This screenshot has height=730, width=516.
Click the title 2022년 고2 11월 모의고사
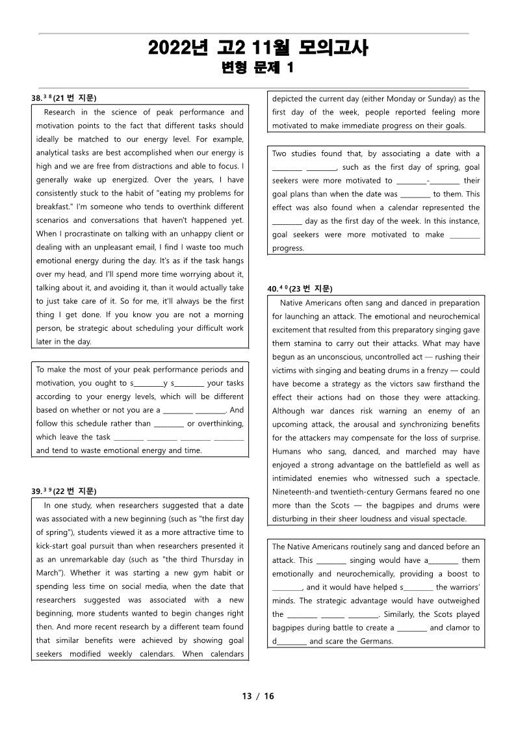tap(258, 48)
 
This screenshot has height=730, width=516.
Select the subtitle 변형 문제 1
tap(258, 68)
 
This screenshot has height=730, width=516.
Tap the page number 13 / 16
tap(258, 696)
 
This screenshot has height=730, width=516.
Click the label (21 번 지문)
tap(75, 98)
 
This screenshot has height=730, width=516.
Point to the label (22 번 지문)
tap(75, 491)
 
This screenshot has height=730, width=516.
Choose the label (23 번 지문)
tap(311, 289)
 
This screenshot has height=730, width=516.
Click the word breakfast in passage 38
tap(55, 207)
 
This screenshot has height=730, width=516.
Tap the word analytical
tap(56, 153)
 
